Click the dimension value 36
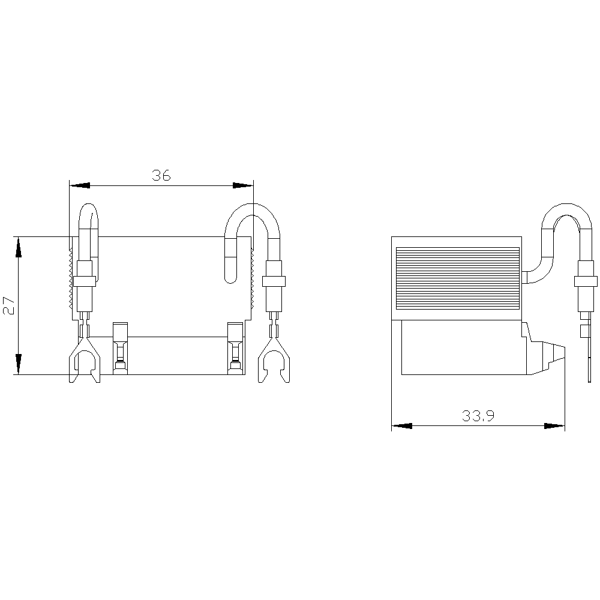(x=161, y=175)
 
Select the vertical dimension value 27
(x=8, y=305)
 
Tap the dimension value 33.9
(x=478, y=416)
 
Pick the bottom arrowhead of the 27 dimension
(x=19, y=364)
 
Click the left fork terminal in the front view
(x=84, y=360)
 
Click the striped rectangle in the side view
(x=457, y=278)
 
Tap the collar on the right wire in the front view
(x=274, y=281)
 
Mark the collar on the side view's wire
(x=586, y=281)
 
